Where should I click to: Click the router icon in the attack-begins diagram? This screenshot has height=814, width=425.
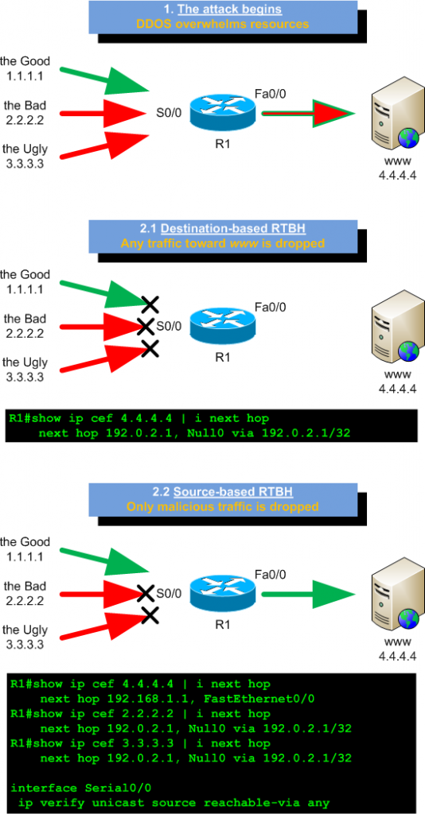[x=224, y=112]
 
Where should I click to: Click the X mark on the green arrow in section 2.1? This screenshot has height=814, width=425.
[x=148, y=303]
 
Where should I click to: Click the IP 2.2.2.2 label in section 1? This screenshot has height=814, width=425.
[x=24, y=119]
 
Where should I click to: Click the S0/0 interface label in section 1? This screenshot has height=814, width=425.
[x=169, y=113]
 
